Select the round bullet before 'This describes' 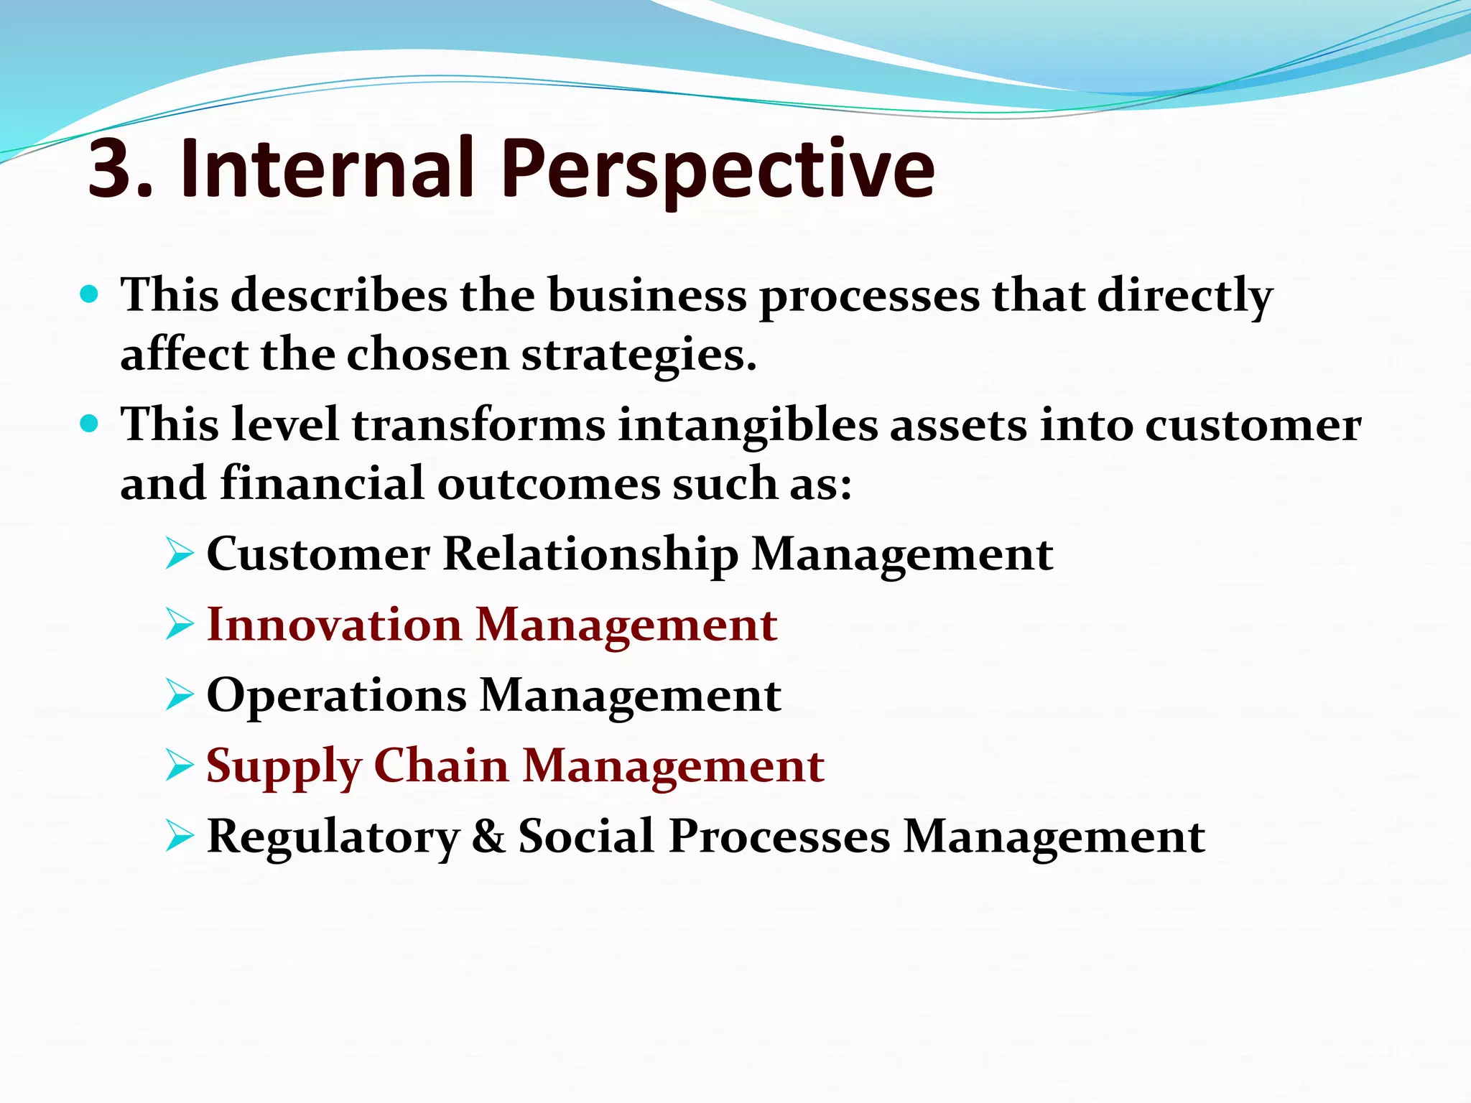coord(89,294)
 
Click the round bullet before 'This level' coord(89,424)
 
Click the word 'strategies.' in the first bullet coord(639,355)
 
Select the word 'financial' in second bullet coord(322,483)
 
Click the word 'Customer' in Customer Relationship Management coord(318,554)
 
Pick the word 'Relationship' coord(590,555)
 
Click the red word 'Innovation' coord(334,624)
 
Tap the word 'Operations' coord(336,696)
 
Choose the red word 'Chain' coord(441,765)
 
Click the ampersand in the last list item coord(488,837)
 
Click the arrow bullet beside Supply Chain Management coord(179,766)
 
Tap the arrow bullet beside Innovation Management coord(179,625)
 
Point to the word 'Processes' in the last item coord(779,837)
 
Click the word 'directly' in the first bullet coord(1185,296)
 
